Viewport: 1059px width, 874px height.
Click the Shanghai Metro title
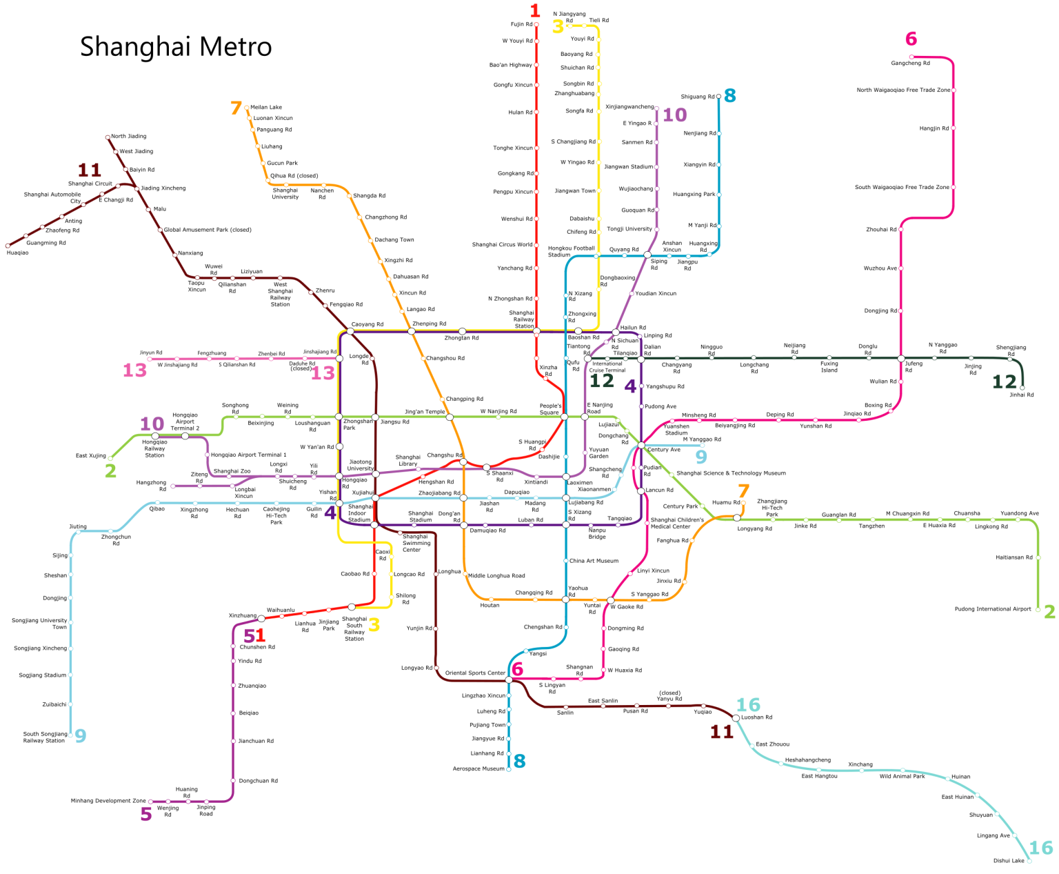coord(176,47)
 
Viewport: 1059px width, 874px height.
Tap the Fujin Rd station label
coord(521,24)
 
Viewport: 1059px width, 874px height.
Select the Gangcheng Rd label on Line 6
coord(910,63)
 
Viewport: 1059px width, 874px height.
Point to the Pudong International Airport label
coord(992,609)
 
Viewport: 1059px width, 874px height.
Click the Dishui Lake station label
coord(1008,861)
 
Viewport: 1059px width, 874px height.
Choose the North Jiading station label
coord(129,137)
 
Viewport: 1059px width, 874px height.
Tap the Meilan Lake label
coord(266,108)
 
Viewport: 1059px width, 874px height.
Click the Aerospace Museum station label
coord(478,768)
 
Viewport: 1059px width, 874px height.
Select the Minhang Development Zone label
coord(108,801)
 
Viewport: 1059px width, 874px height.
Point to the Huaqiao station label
coord(18,253)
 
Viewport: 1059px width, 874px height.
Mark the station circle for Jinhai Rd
coord(1022,388)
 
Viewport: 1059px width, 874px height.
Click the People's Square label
coord(549,409)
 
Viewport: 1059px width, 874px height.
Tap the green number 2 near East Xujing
coord(110,471)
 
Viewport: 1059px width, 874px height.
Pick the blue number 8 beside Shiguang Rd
coord(729,96)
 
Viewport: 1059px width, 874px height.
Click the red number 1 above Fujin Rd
coord(535,10)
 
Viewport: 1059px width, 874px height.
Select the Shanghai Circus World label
coord(502,245)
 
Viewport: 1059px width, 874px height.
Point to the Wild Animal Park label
coord(902,777)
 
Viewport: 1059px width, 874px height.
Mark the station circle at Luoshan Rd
coord(736,718)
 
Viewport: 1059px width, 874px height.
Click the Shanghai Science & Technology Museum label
coord(731,473)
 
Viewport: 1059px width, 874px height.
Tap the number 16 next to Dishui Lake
coord(1041,848)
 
